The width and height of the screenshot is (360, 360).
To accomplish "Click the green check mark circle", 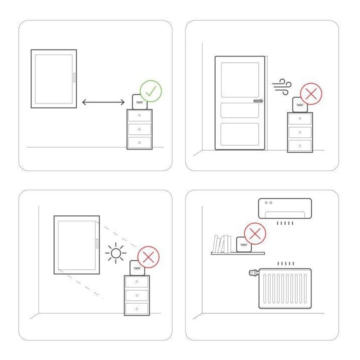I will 150,90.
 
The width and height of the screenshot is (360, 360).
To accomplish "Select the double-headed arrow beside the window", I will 103,102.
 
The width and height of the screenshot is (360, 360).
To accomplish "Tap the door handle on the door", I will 257,100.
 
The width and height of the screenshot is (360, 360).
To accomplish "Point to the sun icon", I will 116,254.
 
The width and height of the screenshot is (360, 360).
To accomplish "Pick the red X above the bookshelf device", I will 254,234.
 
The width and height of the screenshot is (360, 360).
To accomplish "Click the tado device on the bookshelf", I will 243,244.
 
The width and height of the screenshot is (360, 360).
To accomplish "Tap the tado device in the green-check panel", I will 139,102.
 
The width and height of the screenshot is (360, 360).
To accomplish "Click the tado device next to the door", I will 300,105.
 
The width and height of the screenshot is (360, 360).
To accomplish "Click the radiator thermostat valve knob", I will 251,273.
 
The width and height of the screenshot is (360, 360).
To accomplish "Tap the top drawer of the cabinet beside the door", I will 300,119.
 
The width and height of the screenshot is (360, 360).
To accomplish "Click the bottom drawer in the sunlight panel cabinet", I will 137,308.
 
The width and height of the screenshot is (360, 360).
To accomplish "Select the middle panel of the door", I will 240,110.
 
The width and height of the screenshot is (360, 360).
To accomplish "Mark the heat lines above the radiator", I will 285,263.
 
